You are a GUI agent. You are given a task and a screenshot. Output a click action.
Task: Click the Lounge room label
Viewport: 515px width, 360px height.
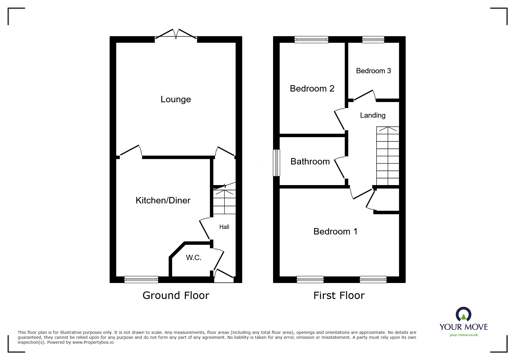[x=176, y=99]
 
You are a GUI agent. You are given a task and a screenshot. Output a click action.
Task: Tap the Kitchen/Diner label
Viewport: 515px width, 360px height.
[x=163, y=200]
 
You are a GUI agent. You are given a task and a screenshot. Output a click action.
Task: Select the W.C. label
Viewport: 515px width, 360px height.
[x=194, y=257]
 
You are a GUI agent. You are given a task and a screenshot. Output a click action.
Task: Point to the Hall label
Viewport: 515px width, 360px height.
[x=224, y=227]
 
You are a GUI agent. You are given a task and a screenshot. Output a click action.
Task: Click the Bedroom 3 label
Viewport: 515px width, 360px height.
[x=373, y=71]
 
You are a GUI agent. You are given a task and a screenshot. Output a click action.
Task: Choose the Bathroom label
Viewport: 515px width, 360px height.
[x=310, y=161]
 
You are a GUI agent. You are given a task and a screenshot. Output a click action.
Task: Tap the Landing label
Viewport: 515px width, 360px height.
[x=373, y=115]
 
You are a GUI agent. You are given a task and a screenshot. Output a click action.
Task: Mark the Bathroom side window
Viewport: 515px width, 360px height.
[x=276, y=163]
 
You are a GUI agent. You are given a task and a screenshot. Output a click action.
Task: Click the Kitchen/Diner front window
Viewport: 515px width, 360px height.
[x=141, y=280]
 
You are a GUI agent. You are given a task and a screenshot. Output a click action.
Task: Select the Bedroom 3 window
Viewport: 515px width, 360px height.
[x=373, y=40]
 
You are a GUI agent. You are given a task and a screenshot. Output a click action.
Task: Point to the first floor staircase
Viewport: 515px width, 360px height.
[x=388, y=156]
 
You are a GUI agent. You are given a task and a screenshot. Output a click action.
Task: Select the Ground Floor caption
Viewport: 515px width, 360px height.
[x=176, y=295]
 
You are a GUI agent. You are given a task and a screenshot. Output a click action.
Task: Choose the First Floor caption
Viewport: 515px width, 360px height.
[x=339, y=295]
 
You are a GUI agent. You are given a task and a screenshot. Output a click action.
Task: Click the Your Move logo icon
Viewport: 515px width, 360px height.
[x=463, y=315]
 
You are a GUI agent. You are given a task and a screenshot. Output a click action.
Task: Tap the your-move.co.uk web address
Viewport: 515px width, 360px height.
[x=464, y=335]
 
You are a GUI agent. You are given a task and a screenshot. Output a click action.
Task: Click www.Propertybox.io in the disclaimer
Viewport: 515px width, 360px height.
[x=93, y=342]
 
